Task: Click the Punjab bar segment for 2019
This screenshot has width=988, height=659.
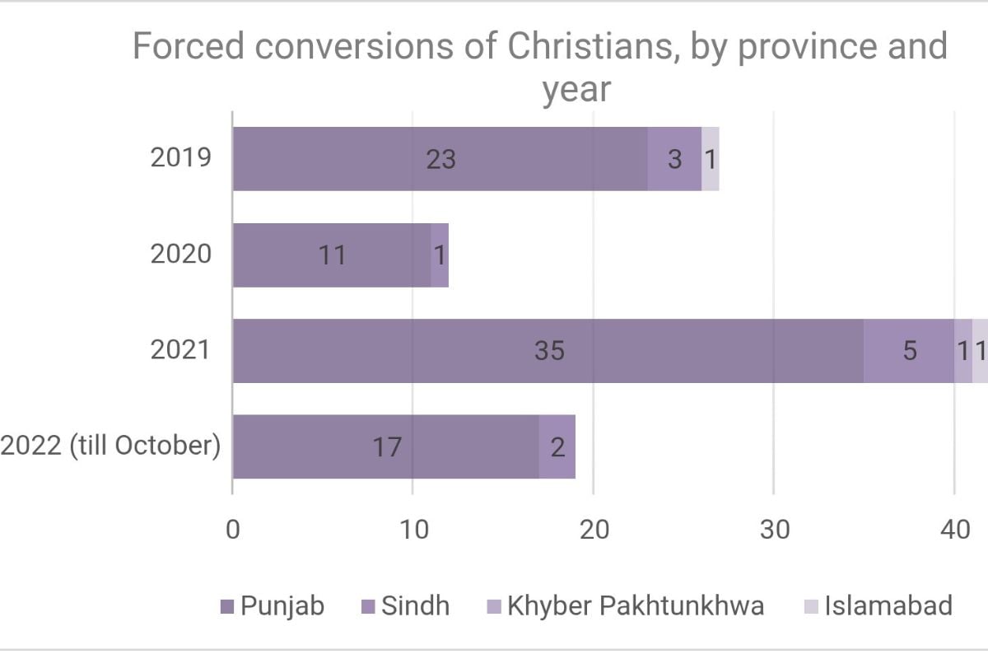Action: [x=440, y=159]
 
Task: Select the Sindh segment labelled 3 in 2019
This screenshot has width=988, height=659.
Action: [x=674, y=159]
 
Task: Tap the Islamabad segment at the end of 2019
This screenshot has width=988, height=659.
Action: [x=711, y=159]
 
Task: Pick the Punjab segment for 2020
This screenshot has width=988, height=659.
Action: [x=332, y=255]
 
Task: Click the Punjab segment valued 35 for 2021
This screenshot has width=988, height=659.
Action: [x=548, y=351]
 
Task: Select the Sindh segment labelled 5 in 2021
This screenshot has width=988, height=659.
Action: [x=909, y=351]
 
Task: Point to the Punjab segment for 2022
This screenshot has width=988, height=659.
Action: [x=385, y=446]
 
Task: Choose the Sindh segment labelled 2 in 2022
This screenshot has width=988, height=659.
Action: [x=557, y=446]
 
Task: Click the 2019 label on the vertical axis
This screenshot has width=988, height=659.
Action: [x=181, y=157]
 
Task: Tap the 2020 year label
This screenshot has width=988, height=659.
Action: [x=181, y=254]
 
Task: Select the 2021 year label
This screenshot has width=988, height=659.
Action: [x=181, y=350]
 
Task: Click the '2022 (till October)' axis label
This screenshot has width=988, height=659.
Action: [x=111, y=446]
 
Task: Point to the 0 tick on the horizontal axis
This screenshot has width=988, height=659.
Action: [x=233, y=530]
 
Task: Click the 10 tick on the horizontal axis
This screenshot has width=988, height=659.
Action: [x=413, y=530]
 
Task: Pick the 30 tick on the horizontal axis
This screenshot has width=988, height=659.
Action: [x=774, y=530]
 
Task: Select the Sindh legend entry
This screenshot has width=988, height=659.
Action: [x=414, y=607]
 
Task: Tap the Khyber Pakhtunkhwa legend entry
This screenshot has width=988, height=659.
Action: [x=634, y=607]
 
